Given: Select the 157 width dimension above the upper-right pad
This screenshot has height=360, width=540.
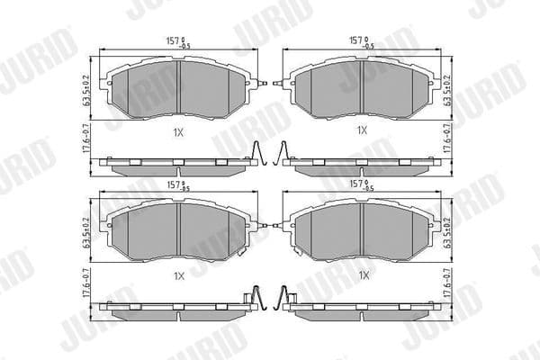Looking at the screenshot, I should coord(361,40).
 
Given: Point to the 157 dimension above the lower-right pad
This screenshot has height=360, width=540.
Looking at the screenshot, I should coord(361,186).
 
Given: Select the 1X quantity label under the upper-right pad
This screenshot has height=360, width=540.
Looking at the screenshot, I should coord(362,130).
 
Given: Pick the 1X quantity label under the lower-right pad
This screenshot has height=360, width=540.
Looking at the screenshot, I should coord(362,274).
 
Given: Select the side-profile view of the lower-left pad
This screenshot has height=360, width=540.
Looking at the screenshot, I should coord(175,306).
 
